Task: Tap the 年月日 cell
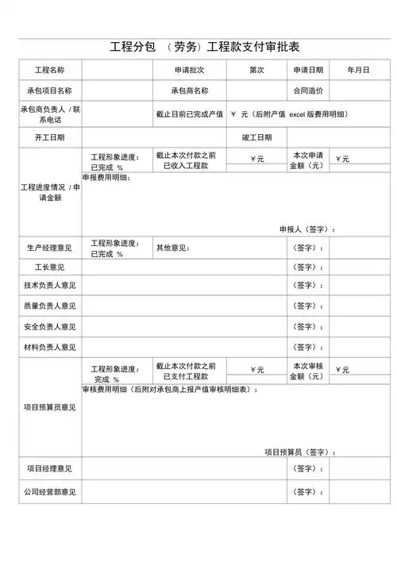tap(358, 71)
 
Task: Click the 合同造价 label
tap(308, 91)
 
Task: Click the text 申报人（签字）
tap(306, 229)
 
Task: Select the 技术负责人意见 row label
tap(48, 287)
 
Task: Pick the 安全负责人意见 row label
tap(48, 326)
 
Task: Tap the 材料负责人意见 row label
tap(48, 347)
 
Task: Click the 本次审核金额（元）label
tap(307, 371)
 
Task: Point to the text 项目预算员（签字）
tap(299, 452)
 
